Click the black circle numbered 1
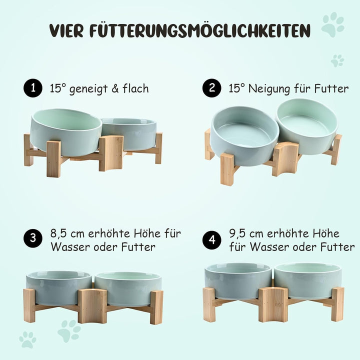[33, 88]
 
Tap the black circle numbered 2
[212, 88]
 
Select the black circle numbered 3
[33, 238]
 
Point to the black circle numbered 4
[212, 240]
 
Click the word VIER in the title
[66, 30]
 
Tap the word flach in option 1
[135, 88]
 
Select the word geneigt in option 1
[88, 89]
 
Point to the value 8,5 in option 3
[58, 234]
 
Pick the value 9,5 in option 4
[237, 234]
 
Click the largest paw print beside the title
[332, 24]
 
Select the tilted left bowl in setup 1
[66, 128]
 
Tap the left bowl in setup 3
[59, 288]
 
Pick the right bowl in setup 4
[308, 280]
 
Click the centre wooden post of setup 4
[273, 304]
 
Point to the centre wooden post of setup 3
[92, 306]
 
